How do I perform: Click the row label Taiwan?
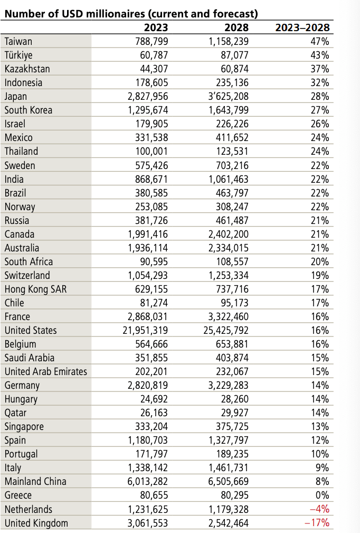coord(18,41)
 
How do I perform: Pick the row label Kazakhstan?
coord(27,69)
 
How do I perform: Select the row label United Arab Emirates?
coord(46,371)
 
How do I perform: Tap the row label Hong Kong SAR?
coord(35,289)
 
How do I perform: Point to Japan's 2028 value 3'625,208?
coord(229,96)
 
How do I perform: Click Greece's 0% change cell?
coord(321,495)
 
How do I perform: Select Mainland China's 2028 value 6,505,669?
coord(229,481)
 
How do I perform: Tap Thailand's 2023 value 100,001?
coord(153,151)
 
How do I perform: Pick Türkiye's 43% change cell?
coord(320,55)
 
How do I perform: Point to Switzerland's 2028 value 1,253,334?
coord(229,275)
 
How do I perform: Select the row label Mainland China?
coord(35,481)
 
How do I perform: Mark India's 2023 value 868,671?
coord(153,179)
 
